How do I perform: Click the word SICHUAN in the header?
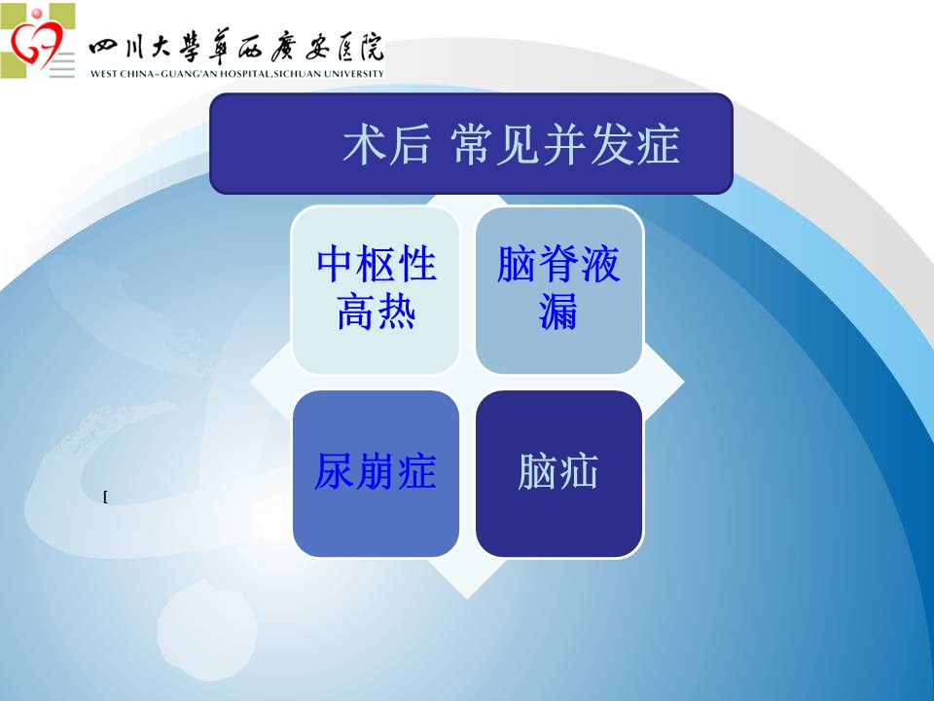tap(298, 74)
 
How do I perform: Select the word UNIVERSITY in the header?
tap(354, 74)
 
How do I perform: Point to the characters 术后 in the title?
tap(386, 144)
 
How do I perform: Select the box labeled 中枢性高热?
tap(376, 290)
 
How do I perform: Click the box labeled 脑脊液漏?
tap(558, 290)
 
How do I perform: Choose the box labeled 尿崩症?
tap(376, 474)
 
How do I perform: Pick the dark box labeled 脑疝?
tap(558, 474)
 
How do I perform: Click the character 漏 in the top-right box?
tap(558, 312)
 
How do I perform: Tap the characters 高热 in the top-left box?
tap(376, 312)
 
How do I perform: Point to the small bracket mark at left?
tap(105, 497)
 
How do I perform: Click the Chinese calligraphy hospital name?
tap(236, 47)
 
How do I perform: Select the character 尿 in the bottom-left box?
tap(335, 471)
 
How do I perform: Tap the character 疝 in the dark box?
tap(578, 471)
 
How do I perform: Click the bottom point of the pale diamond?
tap(467, 599)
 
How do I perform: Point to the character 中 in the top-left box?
tap(335, 264)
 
